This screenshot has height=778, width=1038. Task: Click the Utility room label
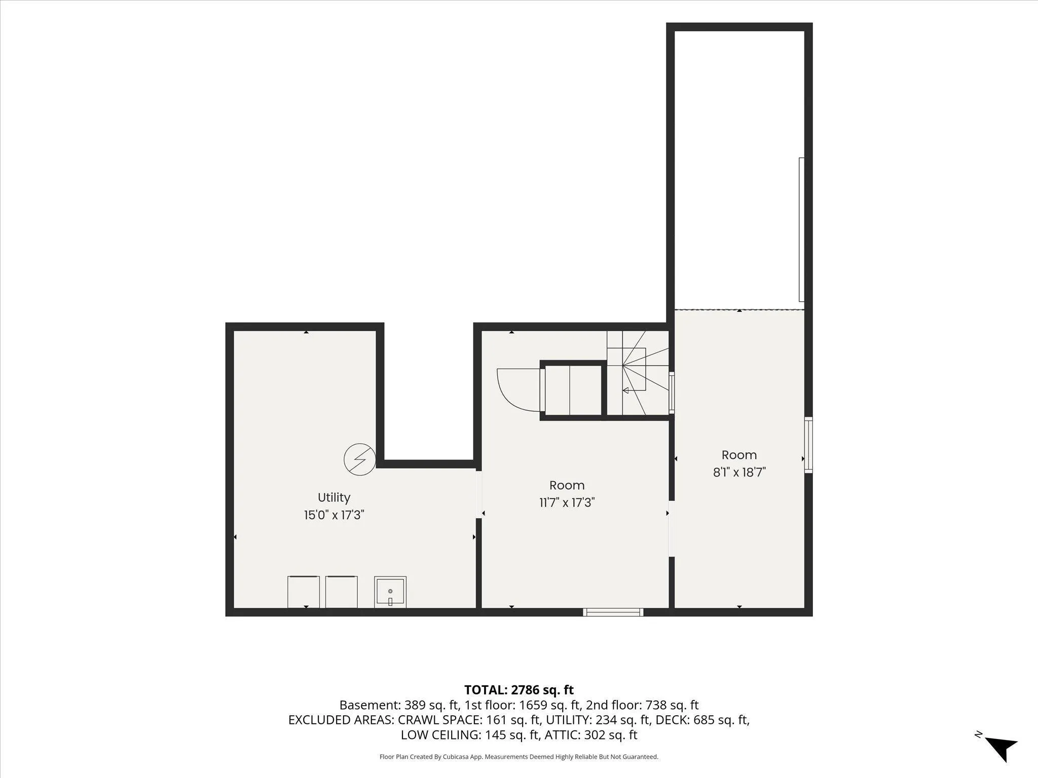click(x=334, y=497)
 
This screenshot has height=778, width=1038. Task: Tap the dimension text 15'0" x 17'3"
click(x=334, y=515)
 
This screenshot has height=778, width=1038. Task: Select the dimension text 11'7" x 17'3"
click(x=567, y=502)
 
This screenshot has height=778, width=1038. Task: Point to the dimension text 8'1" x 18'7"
click(x=739, y=472)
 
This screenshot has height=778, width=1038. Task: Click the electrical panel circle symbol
click(x=359, y=459)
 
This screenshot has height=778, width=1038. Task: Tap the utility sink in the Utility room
click(x=390, y=592)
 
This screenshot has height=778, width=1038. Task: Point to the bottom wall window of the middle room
click(x=613, y=612)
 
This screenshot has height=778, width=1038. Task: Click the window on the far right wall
click(x=808, y=445)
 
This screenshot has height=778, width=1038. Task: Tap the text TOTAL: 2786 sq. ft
click(x=519, y=689)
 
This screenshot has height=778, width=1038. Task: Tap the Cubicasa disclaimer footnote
click(x=519, y=757)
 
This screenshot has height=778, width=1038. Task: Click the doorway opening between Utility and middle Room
click(x=478, y=494)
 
